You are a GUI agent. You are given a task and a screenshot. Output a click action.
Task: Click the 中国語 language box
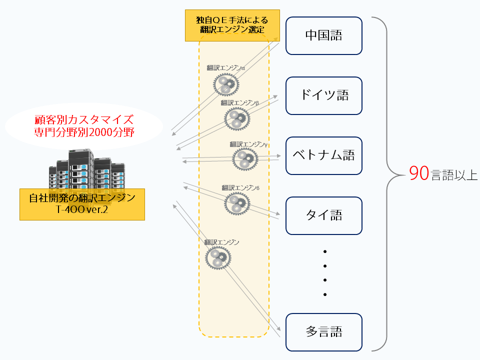(x=323, y=35)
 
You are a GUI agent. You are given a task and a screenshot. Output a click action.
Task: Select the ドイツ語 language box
(x=323, y=95)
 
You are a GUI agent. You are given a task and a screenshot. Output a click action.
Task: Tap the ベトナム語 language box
(x=323, y=155)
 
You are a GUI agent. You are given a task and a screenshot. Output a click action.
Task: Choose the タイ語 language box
(x=323, y=215)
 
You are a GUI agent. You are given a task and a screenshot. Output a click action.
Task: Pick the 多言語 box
(x=323, y=332)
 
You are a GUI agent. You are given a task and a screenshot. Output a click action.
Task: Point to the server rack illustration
(x=87, y=170)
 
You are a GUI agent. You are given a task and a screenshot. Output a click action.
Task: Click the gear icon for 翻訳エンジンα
(x=225, y=83)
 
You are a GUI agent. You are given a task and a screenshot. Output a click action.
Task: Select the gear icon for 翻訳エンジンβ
(x=237, y=118)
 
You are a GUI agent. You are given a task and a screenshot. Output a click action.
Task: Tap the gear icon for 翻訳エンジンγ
(x=245, y=159)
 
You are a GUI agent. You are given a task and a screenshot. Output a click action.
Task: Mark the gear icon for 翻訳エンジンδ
(x=237, y=203)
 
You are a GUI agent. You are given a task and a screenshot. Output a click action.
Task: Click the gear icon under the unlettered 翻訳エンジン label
(x=218, y=257)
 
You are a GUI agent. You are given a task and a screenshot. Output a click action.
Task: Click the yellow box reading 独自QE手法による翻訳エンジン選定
(x=232, y=25)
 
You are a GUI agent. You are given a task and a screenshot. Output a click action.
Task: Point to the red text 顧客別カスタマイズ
(x=84, y=120)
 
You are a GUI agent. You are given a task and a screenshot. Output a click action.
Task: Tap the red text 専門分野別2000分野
(x=84, y=133)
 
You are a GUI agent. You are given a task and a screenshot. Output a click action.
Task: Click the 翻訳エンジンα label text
(x=225, y=67)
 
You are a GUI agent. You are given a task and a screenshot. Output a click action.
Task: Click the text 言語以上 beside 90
(x=454, y=176)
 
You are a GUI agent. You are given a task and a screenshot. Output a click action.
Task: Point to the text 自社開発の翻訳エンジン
(x=82, y=198)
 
